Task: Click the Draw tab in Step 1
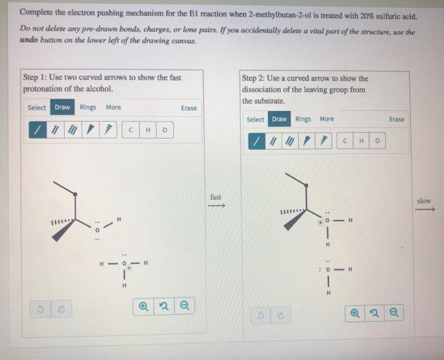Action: tap(62, 107)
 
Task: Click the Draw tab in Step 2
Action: tap(279, 119)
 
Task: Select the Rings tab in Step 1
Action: tap(88, 107)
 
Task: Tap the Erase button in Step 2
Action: tap(396, 119)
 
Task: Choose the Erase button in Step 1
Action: tap(189, 108)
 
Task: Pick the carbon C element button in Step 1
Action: tap(131, 130)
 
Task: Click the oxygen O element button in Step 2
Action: tap(377, 140)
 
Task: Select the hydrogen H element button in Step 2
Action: tap(362, 140)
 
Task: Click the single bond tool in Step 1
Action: tap(37, 130)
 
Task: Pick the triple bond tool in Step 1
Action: tap(73, 130)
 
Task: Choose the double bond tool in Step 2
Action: tap(273, 141)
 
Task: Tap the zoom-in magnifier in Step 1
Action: tap(143, 306)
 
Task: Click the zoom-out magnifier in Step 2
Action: tap(394, 313)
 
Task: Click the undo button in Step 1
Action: tap(41, 309)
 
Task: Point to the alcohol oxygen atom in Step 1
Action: tap(97, 230)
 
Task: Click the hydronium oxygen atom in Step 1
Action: tap(124, 263)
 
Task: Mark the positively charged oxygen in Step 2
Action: tap(328, 220)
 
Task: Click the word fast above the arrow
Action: tap(216, 197)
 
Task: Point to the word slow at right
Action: tap(424, 201)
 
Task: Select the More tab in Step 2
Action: tap(327, 119)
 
